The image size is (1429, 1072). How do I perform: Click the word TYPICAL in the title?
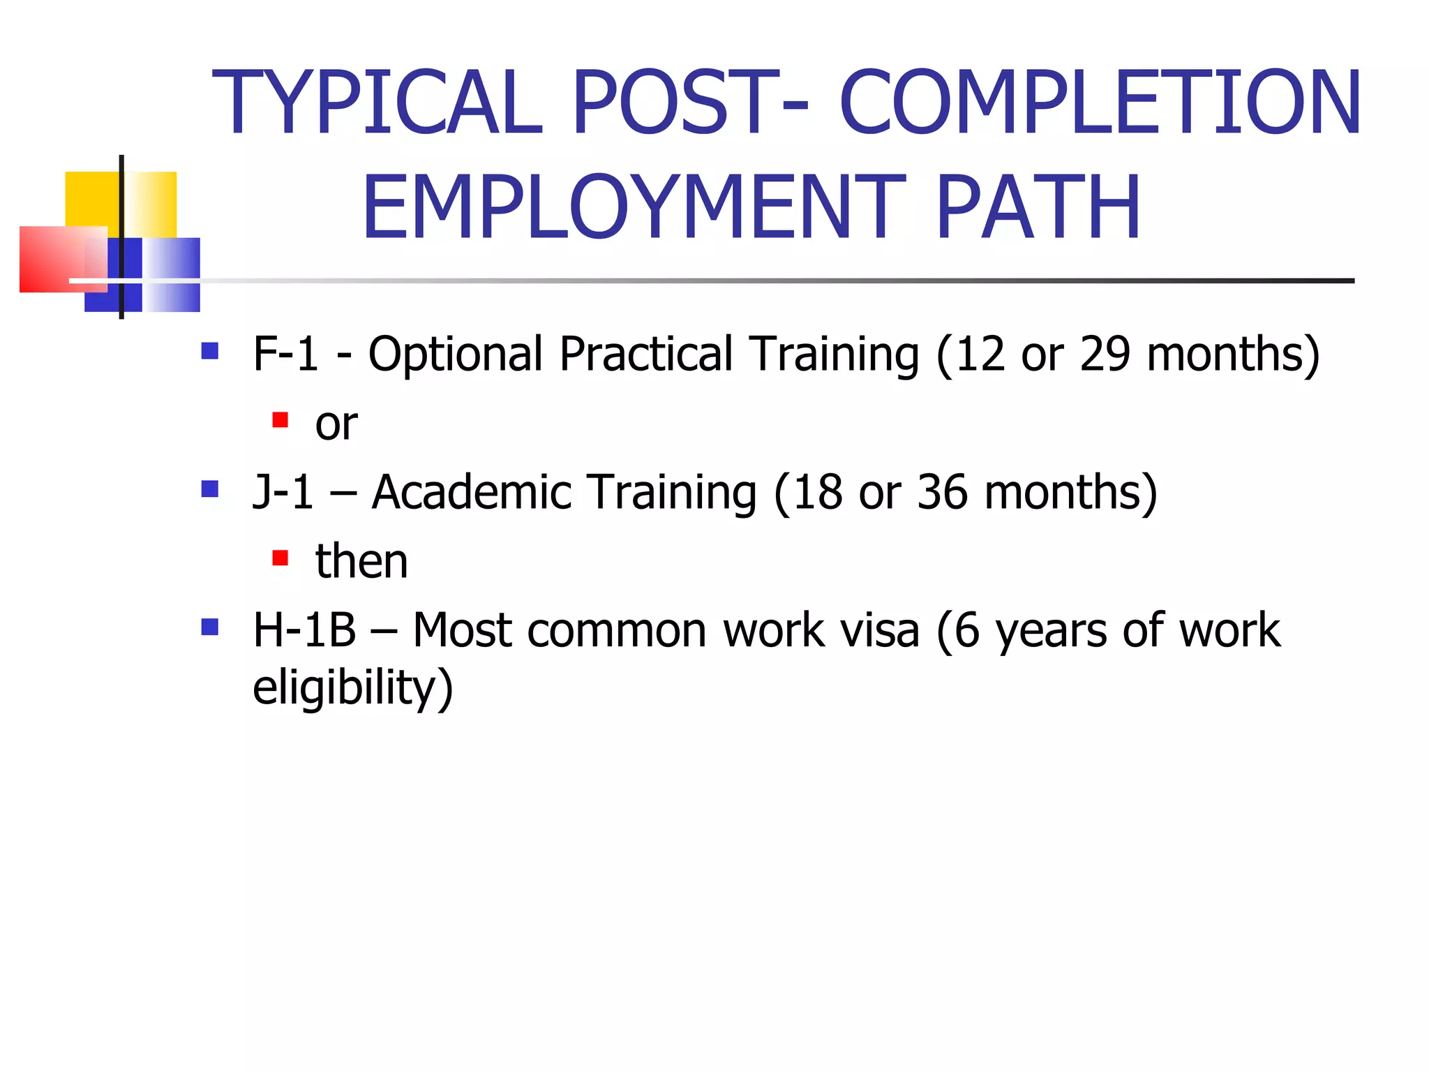tap(377, 103)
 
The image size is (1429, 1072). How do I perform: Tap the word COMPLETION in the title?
tap(1100, 103)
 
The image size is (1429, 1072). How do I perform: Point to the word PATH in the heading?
tap(1038, 207)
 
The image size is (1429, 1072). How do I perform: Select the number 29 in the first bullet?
tap(1105, 353)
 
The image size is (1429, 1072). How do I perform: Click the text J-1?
tap(283, 491)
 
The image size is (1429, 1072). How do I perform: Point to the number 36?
tap(942, 491)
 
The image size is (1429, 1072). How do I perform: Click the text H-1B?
tap(304, 630)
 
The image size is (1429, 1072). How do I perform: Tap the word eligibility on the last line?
tap(352, 688)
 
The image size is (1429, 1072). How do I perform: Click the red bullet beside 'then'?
tap(280, 558)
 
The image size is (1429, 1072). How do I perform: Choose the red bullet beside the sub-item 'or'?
tap(280, 420)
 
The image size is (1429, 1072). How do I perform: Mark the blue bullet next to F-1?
tap(210, 350)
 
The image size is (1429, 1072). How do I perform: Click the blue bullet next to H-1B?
tap(210, 627)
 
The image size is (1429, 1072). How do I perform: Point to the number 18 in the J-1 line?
tap(817, 491)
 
